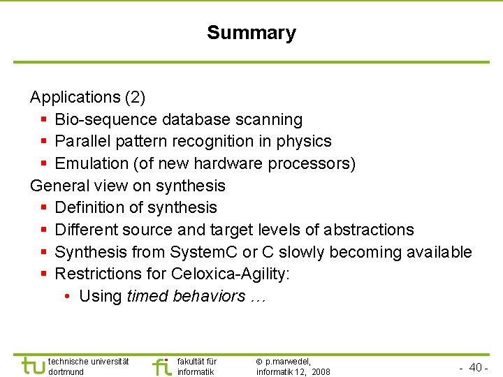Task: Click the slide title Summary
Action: click(x=251, y=33)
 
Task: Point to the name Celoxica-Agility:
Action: click(x=230, y=274)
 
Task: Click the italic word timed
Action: click(x=147, y=296)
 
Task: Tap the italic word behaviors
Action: click(x=207, y=296)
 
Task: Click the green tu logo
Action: click(x=33, y=365)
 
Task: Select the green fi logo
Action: click(x=161, y=366)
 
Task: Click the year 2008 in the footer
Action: click(x=321, y=372)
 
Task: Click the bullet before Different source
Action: click(x=44, y=230)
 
